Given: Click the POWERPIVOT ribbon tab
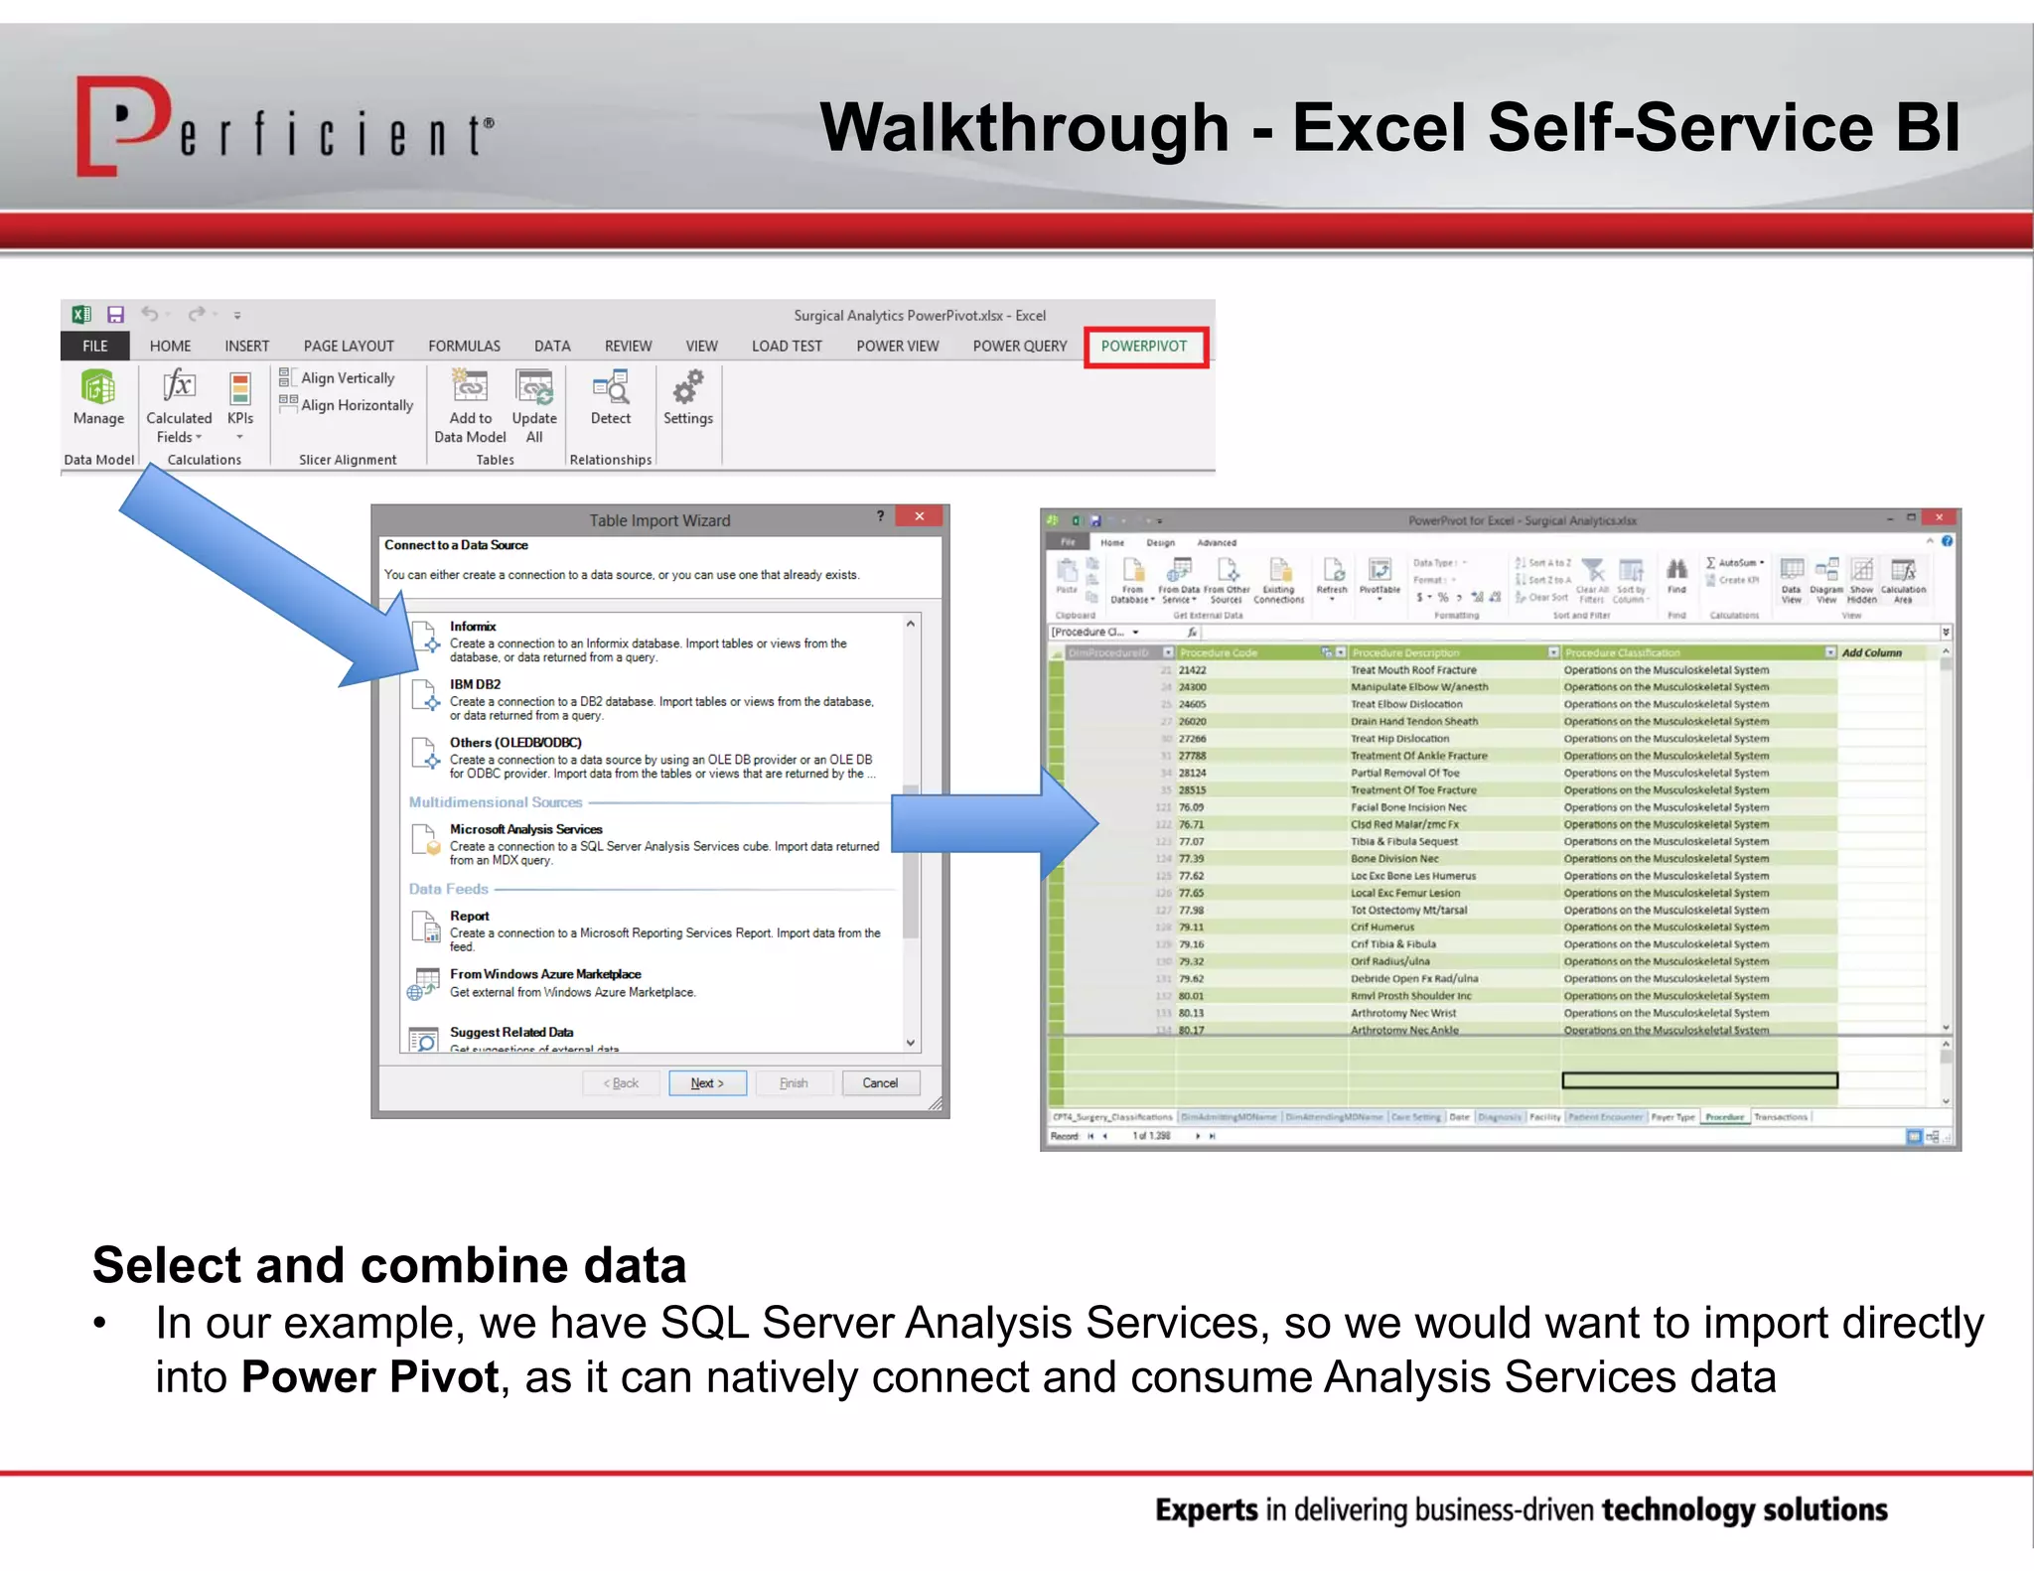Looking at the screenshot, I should point(1144,347).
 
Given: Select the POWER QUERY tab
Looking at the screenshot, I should point(1019,347).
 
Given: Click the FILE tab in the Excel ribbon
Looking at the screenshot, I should point(95,347).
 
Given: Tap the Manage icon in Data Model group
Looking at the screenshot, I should point(98,388).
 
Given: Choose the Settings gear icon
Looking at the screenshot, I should point(688,387).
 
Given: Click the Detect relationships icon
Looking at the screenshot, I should point(611,388).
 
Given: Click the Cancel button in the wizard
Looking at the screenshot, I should point(880,1083).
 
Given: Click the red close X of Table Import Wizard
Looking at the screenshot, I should point(920,516).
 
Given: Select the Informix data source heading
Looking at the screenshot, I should point(473,627).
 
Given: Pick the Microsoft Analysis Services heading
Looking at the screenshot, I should point(525,829).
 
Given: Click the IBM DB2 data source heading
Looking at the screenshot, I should point(475,684).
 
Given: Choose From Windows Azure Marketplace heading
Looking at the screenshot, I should point(545,974).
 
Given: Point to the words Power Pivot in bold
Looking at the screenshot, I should point(369,1377).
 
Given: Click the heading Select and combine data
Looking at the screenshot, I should point(389,1265).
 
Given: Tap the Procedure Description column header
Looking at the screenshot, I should point(1405,652).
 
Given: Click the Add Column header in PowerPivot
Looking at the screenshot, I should point(1871,652).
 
